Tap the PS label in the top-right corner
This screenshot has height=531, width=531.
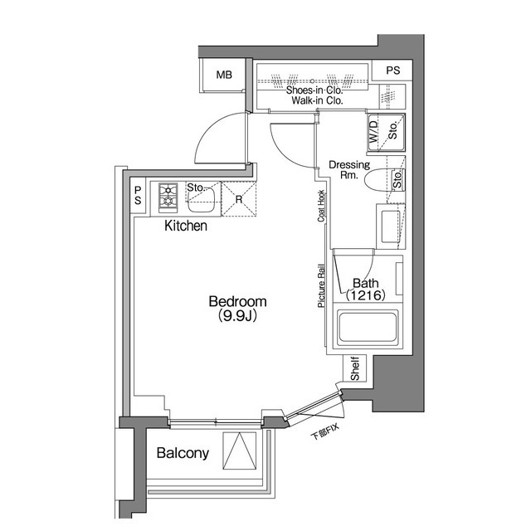pos(392,71)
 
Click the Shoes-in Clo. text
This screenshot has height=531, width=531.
pos(314,90)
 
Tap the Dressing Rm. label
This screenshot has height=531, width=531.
pos(348,170)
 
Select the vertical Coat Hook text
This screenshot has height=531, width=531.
pos(320,207)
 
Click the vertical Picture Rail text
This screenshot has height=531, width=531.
pos(320,286)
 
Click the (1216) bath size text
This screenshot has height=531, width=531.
pos(364,295)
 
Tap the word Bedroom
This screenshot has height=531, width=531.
pos(236,301)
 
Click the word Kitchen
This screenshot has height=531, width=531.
pos(185,226)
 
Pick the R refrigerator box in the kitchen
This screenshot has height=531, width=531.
pos(239,199)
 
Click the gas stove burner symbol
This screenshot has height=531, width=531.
pos(168,197)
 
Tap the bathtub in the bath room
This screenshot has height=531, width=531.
pos(369,329)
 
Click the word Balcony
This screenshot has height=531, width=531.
pos(183,454)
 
